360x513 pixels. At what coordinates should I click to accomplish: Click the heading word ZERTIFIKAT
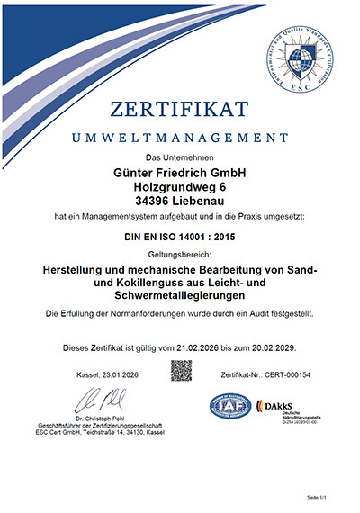(x=180, y=111)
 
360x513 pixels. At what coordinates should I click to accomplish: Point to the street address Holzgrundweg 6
(x=180, y=189)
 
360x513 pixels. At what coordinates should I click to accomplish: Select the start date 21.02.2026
(x=201, y=347)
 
